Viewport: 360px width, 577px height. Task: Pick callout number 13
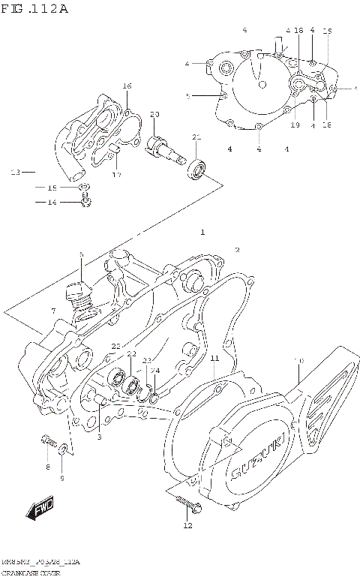[x=14, y=173]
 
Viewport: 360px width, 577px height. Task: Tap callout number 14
[x=52, y=202]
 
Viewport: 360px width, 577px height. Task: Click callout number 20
[x=154, y=114]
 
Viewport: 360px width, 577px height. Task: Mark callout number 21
[x=196, y=137]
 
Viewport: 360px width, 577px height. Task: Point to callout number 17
[x=117, y=176]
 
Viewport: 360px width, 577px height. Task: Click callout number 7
[x=53, y=311]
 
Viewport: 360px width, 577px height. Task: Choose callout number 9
[x=62, y=478]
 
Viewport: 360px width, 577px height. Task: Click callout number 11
[x=214, y=359]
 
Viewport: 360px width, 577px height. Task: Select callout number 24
[x=154, y=370]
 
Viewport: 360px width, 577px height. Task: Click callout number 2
[x=237, y=250]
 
